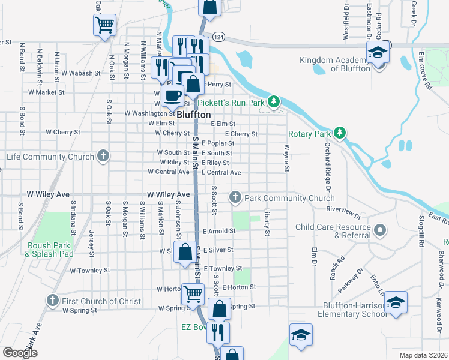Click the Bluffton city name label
click(x=193, y=114)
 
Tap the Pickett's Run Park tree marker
click(x=274, y=102)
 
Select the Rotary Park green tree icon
click(x=340, y=133)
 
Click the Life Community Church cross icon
click(x=103, y=157)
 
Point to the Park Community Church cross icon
click(x=235, y=197)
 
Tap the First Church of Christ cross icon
click(x=53, y=301)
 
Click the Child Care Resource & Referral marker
click(x=379, y=230)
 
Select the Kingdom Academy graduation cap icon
click(x=378, y=52)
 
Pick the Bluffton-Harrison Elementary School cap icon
click(x=395, y=301)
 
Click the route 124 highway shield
click(x=218, y=37)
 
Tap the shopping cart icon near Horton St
click(x=193, y=293)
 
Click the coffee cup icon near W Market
click(x=173, y=94)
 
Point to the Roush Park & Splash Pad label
click(x=49, y=250)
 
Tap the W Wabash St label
click(x=80, y=73)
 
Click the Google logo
click(x=20, y=353)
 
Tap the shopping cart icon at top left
click(x=104, y=25)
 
